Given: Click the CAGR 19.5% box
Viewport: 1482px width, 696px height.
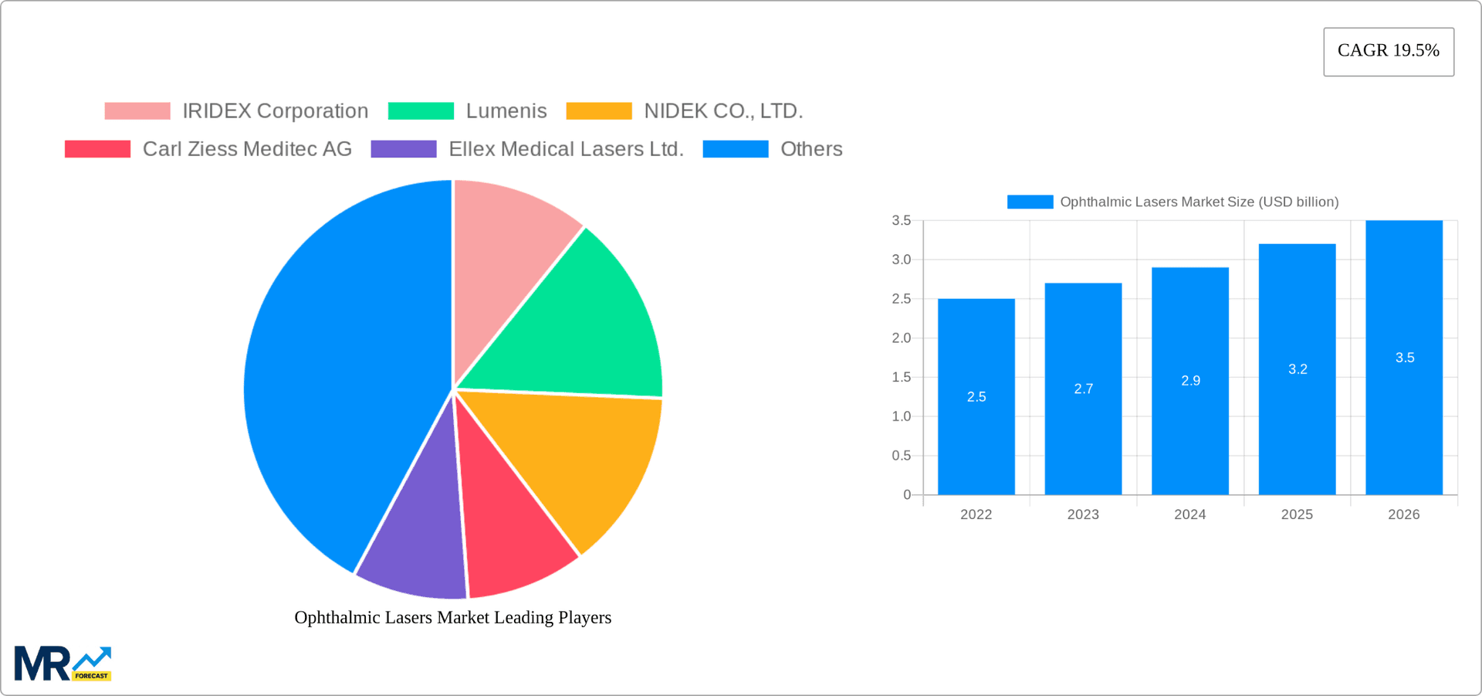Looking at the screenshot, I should click(1388, 51).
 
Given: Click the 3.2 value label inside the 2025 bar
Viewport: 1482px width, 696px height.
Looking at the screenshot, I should click(1298, 369).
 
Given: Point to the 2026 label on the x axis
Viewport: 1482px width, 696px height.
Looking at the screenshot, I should click(1403, 514).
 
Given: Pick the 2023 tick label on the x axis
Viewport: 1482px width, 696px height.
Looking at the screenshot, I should click(1082, 514).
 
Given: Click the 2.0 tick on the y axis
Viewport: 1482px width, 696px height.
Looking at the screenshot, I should click(901, 338).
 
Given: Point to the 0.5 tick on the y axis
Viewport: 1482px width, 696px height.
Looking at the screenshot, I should click(901, 456).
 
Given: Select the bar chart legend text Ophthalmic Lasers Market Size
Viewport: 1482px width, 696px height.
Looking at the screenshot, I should click(1198, 202).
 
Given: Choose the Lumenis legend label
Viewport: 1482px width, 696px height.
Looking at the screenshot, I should click(506, 111).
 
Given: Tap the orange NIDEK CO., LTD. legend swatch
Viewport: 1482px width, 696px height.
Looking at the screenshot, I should click(598, 111).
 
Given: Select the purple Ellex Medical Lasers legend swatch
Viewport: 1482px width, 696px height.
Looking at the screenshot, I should click(403, 149).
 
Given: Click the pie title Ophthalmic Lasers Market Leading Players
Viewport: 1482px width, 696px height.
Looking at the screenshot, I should click(452, 617).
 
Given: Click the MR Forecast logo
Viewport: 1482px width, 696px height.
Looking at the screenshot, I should click(63, 664).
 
